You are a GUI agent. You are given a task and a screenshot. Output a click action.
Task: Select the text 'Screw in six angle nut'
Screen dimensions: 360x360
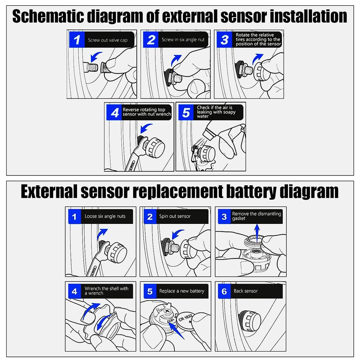click(183, 40)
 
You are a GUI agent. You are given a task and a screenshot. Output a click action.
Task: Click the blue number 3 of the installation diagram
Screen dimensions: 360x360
click(224, 39)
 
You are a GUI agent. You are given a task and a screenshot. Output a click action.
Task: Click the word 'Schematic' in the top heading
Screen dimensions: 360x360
click(47, 16)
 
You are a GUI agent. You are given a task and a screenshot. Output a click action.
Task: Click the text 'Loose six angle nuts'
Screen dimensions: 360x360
click(105, 216)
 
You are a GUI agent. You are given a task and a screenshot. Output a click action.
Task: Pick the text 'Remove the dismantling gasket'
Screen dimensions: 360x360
click(257, 216)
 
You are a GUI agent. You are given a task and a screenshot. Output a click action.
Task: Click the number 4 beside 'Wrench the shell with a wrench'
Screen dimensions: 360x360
click(74, 291)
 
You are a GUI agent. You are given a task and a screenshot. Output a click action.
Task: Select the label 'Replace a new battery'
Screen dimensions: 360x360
click(181, 291)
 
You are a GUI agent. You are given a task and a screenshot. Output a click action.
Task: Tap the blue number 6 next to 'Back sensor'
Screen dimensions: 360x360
click(224, 291)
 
